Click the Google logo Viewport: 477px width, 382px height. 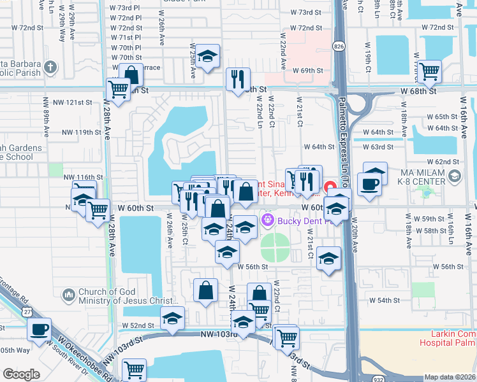(21, 374)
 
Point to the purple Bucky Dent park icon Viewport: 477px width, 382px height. (267, 221)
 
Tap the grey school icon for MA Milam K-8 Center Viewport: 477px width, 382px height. (455, 176)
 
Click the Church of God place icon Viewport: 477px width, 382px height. (68, 295)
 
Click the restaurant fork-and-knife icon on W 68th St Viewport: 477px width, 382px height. (237, 78)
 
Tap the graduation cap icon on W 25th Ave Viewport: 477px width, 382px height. (207, 56)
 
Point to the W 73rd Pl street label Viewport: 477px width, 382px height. (126, 8)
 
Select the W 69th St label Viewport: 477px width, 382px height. (309, 70)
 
